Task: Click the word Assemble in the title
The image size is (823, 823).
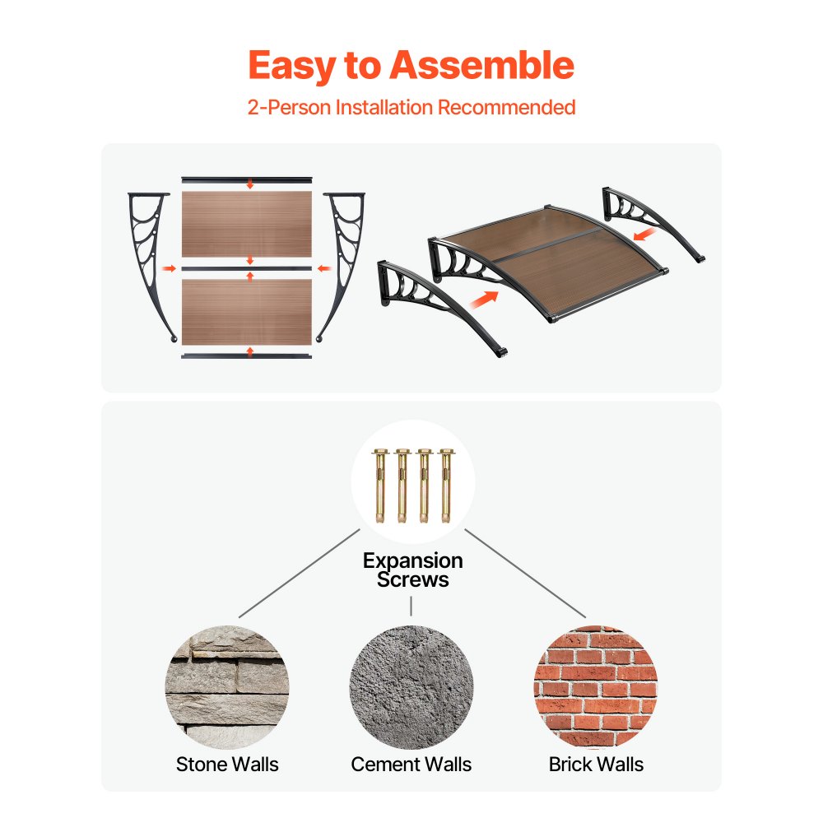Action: coord(481,65)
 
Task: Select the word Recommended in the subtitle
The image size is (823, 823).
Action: coord(506,107)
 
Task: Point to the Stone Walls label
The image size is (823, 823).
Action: coord(227,765)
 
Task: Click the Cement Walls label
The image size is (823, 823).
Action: coord(411,765)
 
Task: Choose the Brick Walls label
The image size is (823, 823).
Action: coord(596,765)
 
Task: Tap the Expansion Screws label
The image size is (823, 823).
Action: coord(412,570)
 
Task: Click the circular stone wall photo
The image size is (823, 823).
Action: coord(227,687)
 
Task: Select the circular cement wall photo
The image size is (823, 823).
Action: coord(411,687)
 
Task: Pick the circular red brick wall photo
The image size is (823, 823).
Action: coord(596,687)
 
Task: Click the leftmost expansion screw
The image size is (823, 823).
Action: coord(379,486)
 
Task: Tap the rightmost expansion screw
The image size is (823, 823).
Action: coord(446,486)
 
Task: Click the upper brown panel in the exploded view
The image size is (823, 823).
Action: coord(247,224)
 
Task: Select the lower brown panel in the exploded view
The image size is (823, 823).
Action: coord(247,312)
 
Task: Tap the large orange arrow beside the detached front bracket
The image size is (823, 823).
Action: coord(483,300)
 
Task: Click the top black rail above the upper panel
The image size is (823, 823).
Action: coord(247,180)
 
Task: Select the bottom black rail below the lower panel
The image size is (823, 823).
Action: coord(247,356)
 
